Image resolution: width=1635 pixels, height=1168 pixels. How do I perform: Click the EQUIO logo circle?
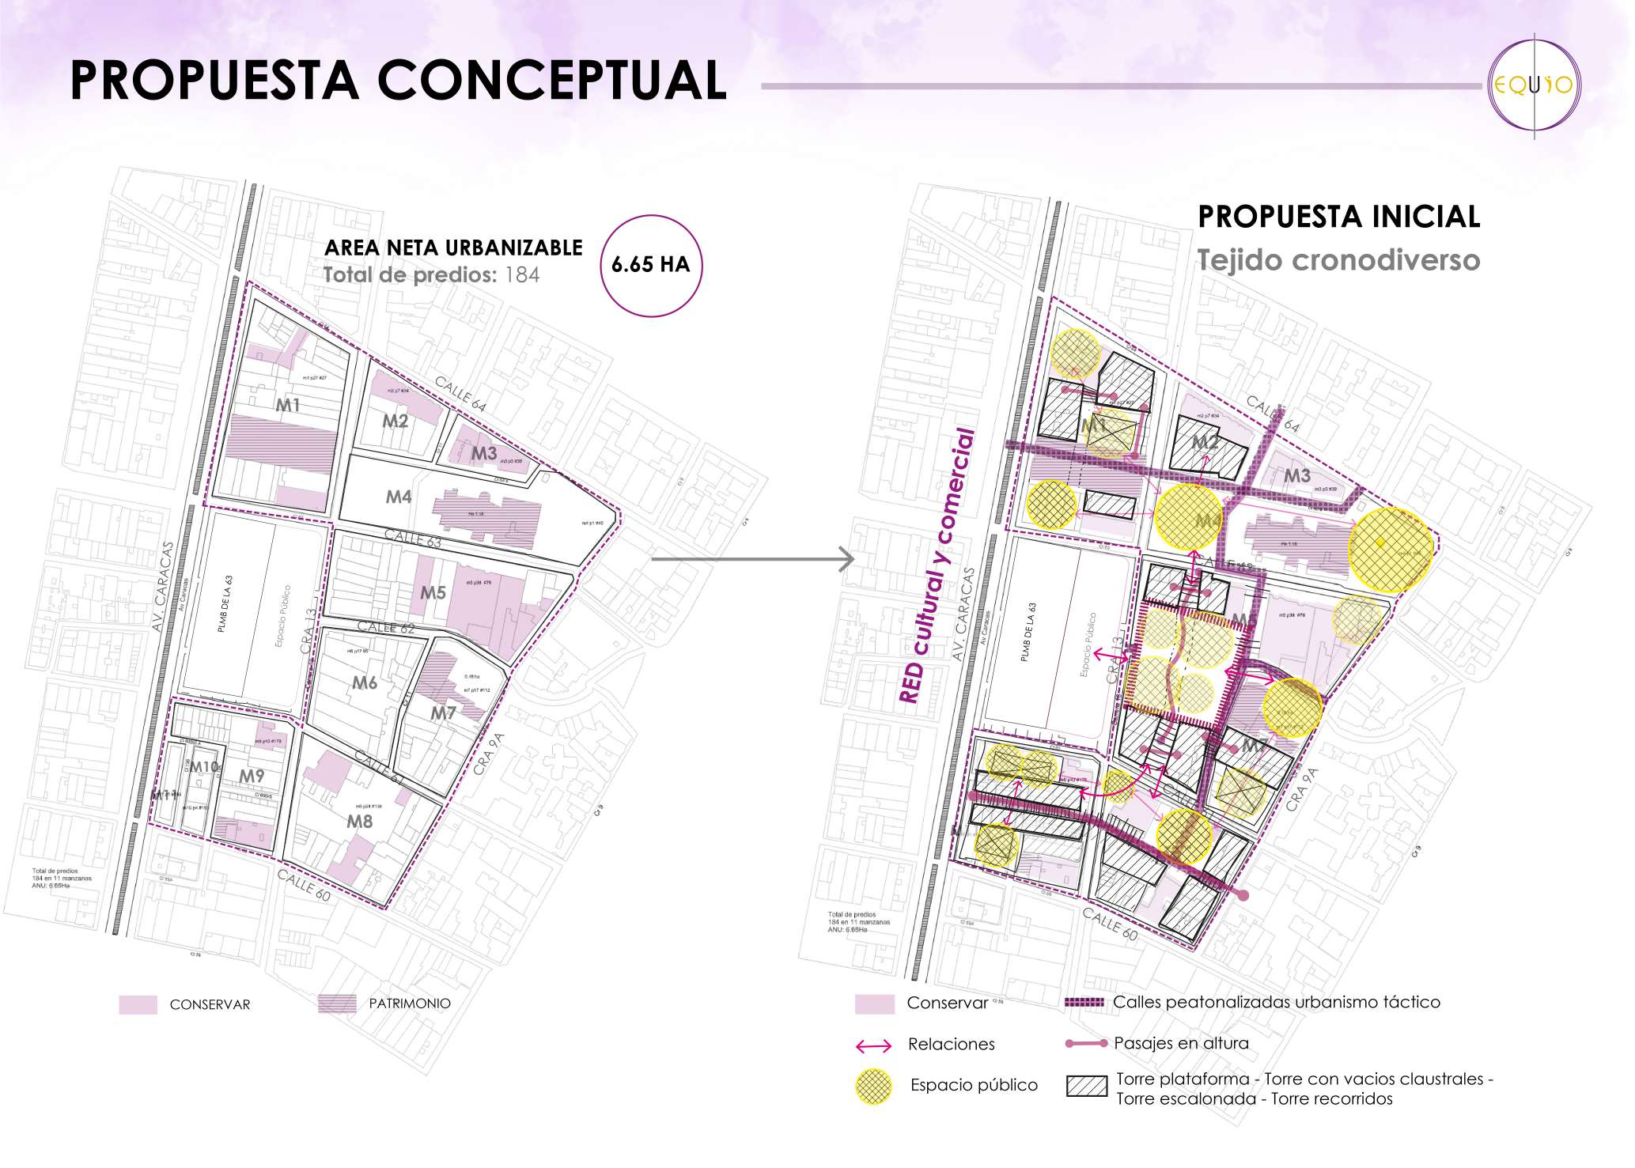click(x=1534, y=85)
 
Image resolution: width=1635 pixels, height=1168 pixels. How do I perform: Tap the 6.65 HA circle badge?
click(x=651, y=266)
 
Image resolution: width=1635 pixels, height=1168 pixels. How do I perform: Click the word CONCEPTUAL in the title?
click(x=551, y=81)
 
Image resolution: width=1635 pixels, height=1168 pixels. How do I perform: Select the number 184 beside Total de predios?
click(x=522, y=275)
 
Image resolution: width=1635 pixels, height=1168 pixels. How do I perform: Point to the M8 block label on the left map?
click(x=360, y=822)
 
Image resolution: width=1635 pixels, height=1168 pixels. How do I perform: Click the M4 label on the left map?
click(x=399, y=497)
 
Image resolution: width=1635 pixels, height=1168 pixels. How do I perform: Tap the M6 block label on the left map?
click(x=365, y=682)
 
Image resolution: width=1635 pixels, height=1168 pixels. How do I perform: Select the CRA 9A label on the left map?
click(x=490, y=754)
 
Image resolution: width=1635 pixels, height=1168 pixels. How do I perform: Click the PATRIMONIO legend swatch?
click(x=337, y=1004)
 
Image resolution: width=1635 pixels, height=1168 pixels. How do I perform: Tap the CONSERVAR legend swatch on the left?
click(x=138, y=1004)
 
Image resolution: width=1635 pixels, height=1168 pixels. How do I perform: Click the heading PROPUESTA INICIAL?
click(x=1338, y=217)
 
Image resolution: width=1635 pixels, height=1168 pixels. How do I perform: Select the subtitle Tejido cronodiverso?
click(x=1338, y=260)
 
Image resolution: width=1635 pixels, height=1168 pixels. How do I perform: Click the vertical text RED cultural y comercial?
click(x=937, y=565)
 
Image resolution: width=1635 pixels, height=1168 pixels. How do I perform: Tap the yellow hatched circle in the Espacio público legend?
click(x=873, y=1086)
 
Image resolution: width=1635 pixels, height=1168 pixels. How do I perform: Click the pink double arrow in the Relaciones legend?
click(x=873, y=1046)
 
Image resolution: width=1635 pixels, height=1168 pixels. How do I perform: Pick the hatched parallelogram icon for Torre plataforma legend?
click(x=1087, y=1086)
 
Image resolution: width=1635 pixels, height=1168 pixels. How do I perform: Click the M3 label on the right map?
click(x=1297, y=475)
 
